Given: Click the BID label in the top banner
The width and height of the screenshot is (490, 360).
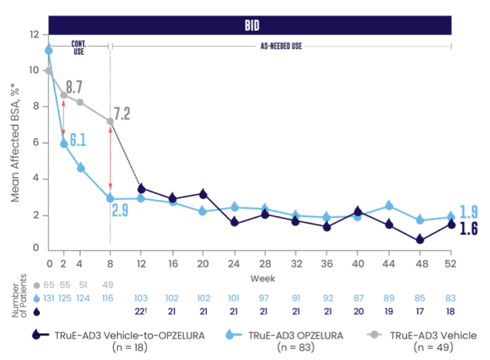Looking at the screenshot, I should click(x=251, y=24).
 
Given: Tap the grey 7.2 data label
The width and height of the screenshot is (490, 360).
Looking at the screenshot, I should click(x=122, y=114).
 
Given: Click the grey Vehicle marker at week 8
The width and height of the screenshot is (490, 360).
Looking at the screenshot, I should click(x=110, y=121).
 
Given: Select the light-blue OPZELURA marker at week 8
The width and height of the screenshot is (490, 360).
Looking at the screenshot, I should click(x=110, y=198).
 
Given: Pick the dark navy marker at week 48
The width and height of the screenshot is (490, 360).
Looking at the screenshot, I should click(x=420, y=239).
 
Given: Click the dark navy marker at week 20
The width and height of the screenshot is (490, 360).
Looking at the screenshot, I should click(x=204, y=193).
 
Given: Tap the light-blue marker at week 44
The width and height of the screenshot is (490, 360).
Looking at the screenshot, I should click(x=389, y=204).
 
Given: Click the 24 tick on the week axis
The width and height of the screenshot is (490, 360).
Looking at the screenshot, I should click(x=235, y=263).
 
